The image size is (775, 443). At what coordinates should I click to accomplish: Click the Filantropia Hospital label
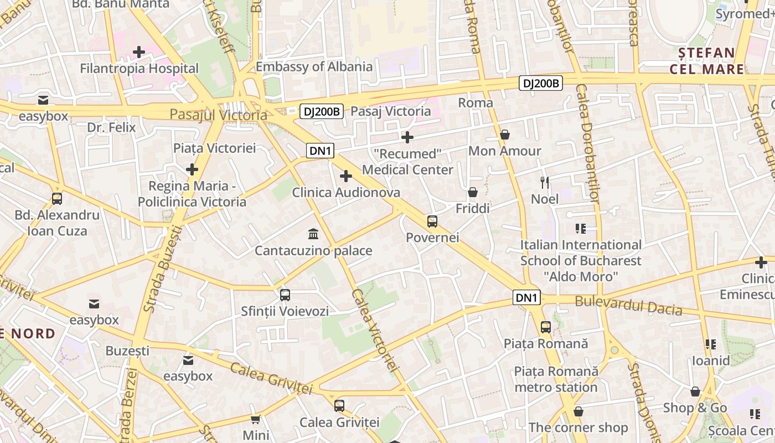[x=139, y=69]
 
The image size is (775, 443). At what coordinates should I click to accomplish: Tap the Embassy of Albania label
[x=314, y=67]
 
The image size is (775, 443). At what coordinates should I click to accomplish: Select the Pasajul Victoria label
[x=218, y=115]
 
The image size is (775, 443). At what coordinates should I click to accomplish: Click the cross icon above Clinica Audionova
[x=346, y=177]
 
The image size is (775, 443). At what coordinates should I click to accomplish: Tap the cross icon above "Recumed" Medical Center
[x=407, y=137]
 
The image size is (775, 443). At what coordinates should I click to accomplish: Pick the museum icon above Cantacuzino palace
[x=313, y=234]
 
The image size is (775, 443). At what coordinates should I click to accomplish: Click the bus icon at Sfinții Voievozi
[x=285, y=295]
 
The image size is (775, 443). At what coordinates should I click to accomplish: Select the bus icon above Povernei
[x=432, y=221]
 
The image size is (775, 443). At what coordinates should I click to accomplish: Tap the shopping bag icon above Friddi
[x=473, y=192]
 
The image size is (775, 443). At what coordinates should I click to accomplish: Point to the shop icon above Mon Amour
[x=505, y=135]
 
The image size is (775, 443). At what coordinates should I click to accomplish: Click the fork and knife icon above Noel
[x=545, y=182]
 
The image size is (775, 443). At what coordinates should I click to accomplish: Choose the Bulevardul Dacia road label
[x=628, y=306]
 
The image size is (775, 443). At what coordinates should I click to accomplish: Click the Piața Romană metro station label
[x=556, y=379]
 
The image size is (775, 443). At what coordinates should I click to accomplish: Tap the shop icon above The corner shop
[x=578, y=411]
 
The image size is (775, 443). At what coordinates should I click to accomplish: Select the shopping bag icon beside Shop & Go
[x=695, y=392]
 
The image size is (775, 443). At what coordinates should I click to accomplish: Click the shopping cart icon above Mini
[x=255, y=419]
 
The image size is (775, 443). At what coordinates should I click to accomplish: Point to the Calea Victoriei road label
[x=375, y=330]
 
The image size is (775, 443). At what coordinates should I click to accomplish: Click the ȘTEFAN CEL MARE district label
[x=707, y=61]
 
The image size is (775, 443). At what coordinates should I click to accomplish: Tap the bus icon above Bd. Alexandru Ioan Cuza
[x=56, y=199]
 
